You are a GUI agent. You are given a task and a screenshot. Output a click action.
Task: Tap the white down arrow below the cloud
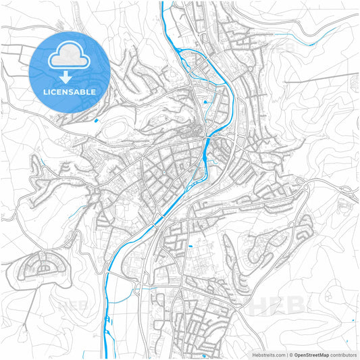[x=70, y=75]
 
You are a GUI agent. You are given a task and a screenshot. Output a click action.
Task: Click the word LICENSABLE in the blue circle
[x=70, y=91]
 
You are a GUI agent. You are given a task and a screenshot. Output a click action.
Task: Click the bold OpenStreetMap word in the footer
[x=311, y=354]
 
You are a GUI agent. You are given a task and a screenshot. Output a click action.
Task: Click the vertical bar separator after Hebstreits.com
[x=286, y=354]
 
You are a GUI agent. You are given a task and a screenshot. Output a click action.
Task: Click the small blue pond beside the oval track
[x=97, y=121]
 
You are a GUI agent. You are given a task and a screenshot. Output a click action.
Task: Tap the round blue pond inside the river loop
[x=205, y=101]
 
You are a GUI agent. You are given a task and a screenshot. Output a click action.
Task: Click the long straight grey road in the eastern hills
[x=317, y=81]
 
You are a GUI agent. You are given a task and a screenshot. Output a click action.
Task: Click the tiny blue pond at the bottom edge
[x=203, y=355]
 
